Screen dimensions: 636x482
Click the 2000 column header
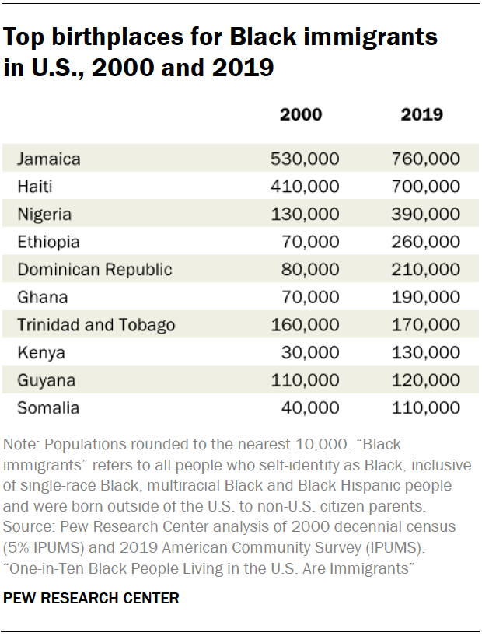[x=301, y=115]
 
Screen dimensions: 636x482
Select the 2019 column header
[x=422, y=115]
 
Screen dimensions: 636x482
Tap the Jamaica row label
[x=49, y=159]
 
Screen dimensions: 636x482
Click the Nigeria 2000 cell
[x=306, y=215]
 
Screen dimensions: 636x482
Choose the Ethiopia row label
[x=49, y=243]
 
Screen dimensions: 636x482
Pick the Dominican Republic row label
[x=95, y=270]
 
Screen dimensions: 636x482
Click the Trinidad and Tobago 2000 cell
[x=306, y=325]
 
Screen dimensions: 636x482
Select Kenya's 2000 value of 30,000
[x=309, y=352]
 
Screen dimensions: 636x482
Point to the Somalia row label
[x=48, y=407]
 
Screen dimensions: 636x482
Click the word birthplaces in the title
[x=124, y=37]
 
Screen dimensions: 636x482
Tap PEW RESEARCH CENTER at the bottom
[x=92, y=598]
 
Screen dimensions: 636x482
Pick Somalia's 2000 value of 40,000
[x=309, y=407]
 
